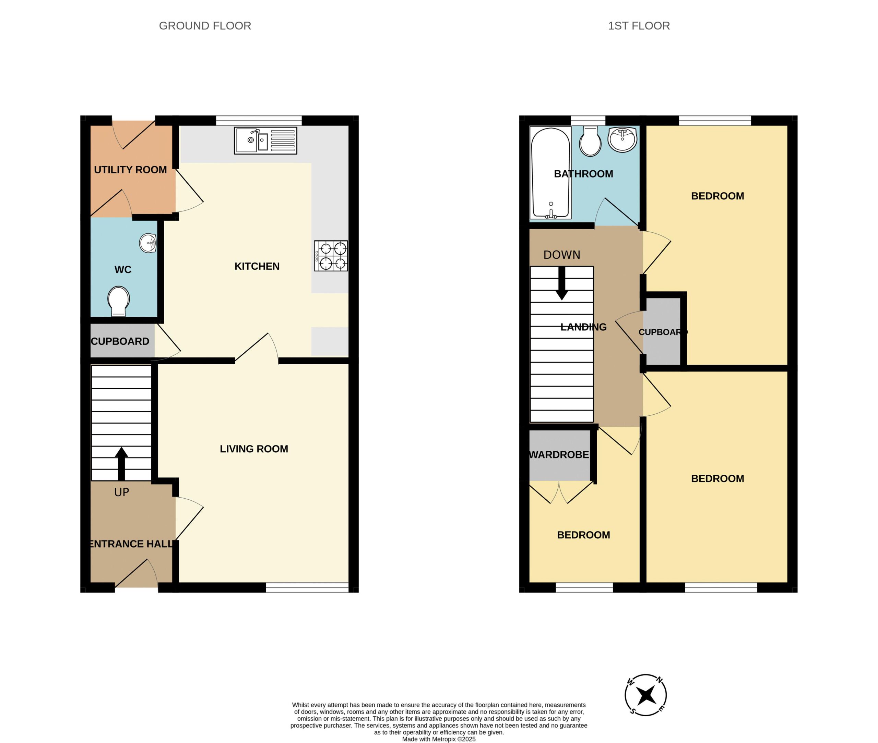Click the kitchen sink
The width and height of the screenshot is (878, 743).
pos(265,140)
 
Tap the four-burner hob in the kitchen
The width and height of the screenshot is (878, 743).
pos(331,256)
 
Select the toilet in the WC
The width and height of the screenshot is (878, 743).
pos(118,301)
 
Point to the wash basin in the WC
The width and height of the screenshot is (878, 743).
pos(148,243)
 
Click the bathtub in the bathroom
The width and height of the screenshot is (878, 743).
pos(550,173)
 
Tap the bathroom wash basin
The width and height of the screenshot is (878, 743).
pos(622,139)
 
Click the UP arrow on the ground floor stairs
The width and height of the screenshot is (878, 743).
pos(121,463)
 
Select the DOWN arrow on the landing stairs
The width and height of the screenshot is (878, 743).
pos(561,283)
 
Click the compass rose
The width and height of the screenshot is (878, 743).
pos(645,695)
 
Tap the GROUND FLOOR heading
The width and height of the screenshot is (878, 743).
pos(205,26)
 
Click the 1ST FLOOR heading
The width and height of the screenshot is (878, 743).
pos(639,26)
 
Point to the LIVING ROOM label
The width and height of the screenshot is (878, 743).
pos(254,449)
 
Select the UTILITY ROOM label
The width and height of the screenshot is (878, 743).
pos(130,170)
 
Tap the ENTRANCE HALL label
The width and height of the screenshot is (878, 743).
pos(131,544)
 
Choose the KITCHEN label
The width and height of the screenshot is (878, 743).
pos(257,266)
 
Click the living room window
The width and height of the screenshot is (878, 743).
pos(307,587)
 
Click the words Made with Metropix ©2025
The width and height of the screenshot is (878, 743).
pos(439,739)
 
